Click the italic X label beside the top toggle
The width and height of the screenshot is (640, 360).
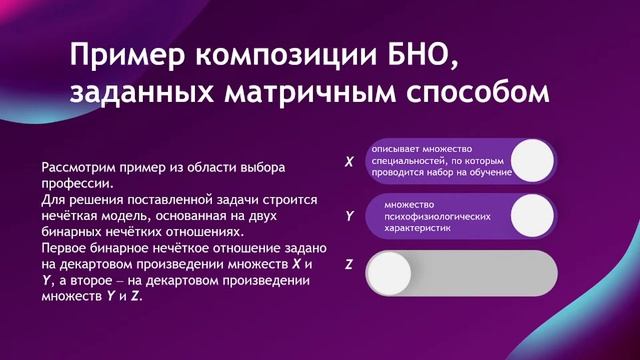click(x=348, y=160)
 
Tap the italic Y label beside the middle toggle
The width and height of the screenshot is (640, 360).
click(x=348, y=215)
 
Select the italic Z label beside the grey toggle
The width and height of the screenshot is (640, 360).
click(x=348, y=265)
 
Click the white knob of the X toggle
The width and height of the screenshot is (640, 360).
click(x=532, y=160)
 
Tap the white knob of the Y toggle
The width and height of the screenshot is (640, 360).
click(x=532, y=215)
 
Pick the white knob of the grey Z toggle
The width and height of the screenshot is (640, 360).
click(x=389, y=269)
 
